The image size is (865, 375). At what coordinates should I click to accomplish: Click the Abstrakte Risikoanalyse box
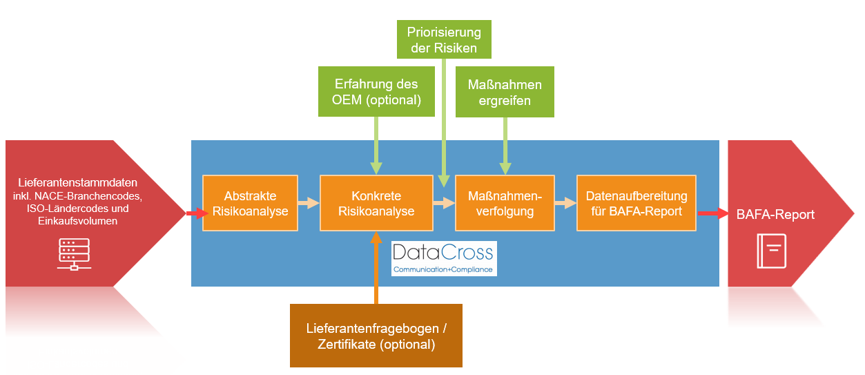tap(251, 203)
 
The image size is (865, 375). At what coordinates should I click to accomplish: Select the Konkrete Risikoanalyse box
tap(376, 203)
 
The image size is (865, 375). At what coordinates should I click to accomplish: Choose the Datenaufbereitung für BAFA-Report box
tap(636, 203)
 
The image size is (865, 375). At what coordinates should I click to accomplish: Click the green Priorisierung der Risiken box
tap(444, 39)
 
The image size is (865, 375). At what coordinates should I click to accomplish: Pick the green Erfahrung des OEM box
tap(376, 91)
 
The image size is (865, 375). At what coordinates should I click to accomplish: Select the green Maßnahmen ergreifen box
tap(505, 91)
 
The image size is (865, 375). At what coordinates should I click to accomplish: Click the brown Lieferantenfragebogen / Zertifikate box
tap(376, 336)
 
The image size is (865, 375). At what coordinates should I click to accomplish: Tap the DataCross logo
tap(444, 258)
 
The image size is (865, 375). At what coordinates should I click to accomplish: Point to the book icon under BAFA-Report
tap(771, 251)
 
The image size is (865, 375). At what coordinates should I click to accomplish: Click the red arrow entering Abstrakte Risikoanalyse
tap(196, 213)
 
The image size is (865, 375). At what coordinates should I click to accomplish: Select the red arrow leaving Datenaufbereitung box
tap(712, 213)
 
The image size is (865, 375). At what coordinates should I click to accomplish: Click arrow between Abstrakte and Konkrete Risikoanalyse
tap(309, 203)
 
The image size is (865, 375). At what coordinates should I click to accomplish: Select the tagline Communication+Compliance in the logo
tap(443, 269)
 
